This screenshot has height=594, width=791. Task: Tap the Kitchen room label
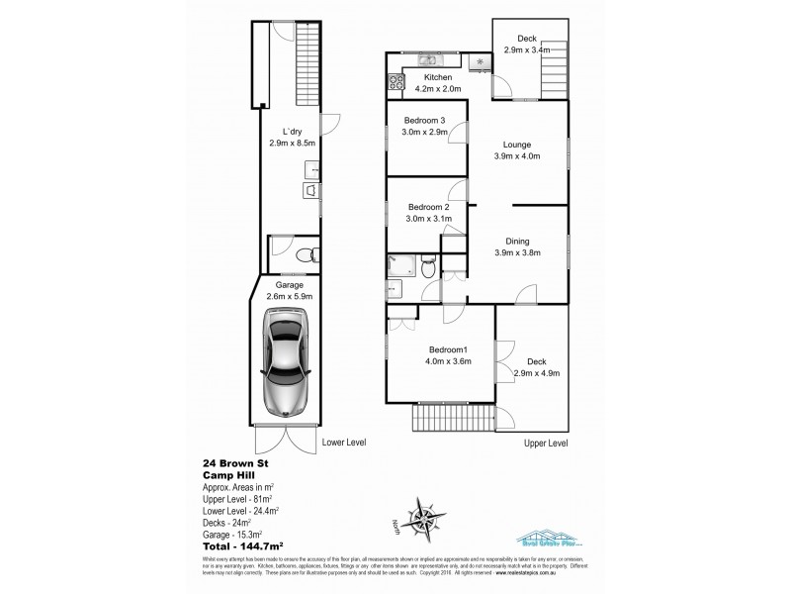[x=438, y=77]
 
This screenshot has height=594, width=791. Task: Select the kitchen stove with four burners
[x=398, y=81]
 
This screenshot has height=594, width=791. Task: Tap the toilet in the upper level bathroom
[x=425, y=265]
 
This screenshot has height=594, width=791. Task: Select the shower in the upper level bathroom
[x=401, y=264]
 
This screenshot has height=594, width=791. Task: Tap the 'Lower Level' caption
[x=344, y=443]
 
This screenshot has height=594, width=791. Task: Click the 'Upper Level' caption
[x=546, y=444]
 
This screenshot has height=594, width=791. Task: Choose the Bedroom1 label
[x=449, y=349]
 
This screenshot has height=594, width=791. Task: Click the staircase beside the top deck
[x=558, y=75]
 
